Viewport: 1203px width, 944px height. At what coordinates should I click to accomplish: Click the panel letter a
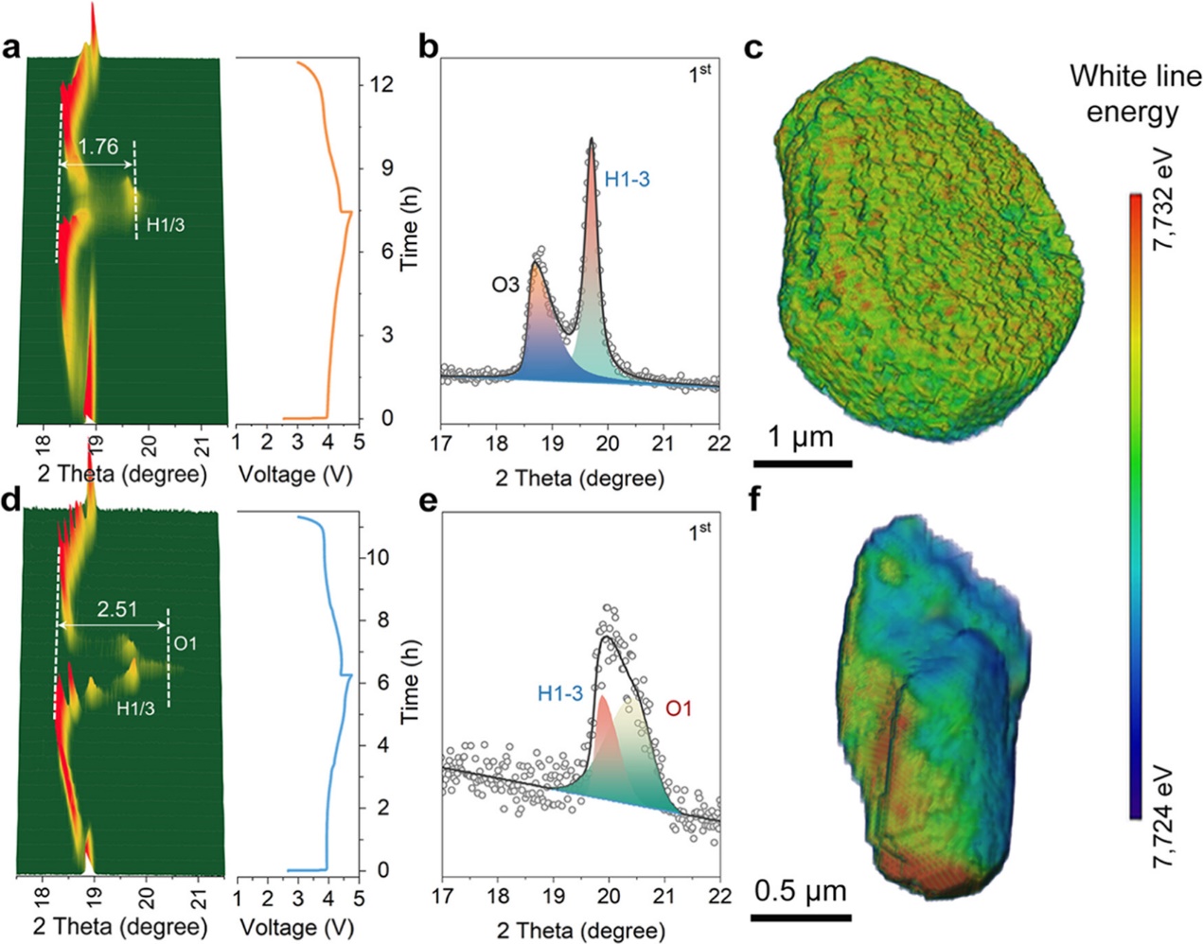click(x=12, y=48)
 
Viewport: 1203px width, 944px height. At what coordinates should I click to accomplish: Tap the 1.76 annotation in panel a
click(x=98, y=147)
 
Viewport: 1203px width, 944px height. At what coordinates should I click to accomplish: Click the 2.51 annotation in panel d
click(x=116, y=609)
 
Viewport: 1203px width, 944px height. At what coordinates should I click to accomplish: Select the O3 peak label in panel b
click(x=504, y=283)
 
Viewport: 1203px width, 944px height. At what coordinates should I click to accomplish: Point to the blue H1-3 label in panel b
click(x=627, y=179)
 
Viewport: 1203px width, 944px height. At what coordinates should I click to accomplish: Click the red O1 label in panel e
click(x=679, y=708)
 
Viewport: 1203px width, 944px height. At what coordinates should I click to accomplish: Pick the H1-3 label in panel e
click(x=559, y=693)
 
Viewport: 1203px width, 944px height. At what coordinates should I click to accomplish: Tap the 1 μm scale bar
click(x=802, y=463)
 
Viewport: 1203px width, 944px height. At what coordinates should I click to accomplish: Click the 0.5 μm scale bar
click(x=802, y=917)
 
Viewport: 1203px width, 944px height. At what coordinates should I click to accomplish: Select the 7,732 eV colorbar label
click(x=1163, y=199)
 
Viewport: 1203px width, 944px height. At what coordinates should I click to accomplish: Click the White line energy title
click(x=1134, y=94)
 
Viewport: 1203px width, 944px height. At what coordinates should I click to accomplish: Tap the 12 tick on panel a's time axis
click(x=381, y=85)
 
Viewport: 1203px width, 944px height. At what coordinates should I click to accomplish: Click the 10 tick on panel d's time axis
click(x=379, y=557)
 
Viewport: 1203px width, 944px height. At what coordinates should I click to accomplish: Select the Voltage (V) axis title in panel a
click(x=294, y=474)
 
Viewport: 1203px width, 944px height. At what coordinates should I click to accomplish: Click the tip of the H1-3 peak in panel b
click(x=592, y=140)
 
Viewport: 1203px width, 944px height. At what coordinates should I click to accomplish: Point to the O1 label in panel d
click(x=186, y=643)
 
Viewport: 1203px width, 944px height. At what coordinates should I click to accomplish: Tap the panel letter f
click(x=754, y=498)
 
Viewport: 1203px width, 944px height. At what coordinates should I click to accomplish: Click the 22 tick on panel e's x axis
click(x=719, y=896)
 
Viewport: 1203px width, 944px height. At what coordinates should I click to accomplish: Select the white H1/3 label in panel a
click(x=165, y=224)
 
